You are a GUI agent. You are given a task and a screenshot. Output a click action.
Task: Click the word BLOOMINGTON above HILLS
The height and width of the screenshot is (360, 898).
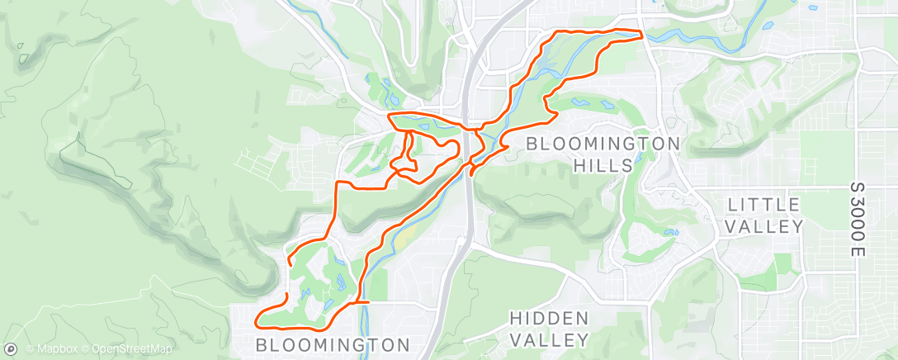pos(603,144)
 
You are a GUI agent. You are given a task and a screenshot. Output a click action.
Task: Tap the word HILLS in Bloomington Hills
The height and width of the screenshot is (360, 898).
pos(603,165)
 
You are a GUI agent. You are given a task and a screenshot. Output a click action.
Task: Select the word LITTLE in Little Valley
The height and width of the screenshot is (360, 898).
pos(765,204)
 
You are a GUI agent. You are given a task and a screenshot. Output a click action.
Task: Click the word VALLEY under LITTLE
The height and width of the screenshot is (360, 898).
pos(765,225)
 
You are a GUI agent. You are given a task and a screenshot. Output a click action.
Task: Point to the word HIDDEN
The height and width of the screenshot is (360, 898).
pos(549,318)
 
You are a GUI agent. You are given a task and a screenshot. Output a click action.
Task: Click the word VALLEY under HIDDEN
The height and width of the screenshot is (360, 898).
pos(549,339)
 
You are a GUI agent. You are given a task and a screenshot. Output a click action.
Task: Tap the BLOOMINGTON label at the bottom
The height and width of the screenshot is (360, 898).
pos(333,343)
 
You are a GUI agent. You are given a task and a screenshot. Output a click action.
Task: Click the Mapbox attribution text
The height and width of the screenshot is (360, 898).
pos(52,349)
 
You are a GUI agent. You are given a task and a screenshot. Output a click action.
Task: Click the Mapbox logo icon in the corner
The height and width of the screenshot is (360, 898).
pos(11,349)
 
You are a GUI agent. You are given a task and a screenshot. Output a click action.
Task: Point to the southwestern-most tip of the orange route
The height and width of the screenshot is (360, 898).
pos(258,323)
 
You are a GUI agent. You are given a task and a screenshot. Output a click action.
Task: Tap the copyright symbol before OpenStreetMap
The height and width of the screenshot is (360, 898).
pos(85,349)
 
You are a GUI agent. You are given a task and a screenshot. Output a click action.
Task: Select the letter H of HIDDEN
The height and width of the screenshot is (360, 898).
pos(515,318)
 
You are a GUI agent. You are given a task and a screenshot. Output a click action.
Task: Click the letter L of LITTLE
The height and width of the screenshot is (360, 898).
pos(733,204)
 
